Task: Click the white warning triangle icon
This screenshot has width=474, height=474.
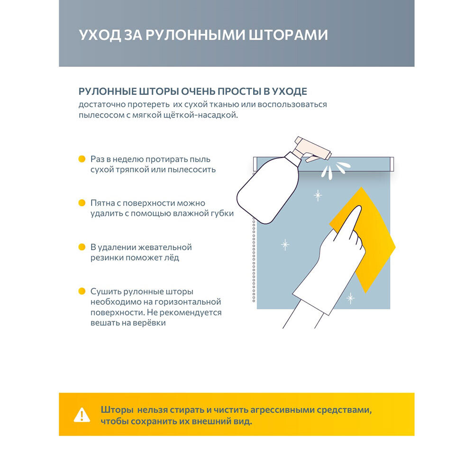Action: (x=82, y=414)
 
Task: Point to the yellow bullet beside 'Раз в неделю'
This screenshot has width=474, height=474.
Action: (x=82, y=159)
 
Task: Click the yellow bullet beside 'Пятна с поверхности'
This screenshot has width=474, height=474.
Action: (x=82, y=203)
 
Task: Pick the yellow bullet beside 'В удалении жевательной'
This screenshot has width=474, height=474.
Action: (x=82, y=247)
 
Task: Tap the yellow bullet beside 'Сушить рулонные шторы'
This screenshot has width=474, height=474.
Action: (x=82, y=291)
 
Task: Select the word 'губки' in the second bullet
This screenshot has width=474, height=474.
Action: (x=221, y=213)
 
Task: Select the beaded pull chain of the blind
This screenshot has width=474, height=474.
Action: (x=254, y=261)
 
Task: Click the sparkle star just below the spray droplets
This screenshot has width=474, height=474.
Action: (x=317, y=195)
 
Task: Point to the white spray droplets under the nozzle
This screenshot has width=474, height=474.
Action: (x=332, y=170)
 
